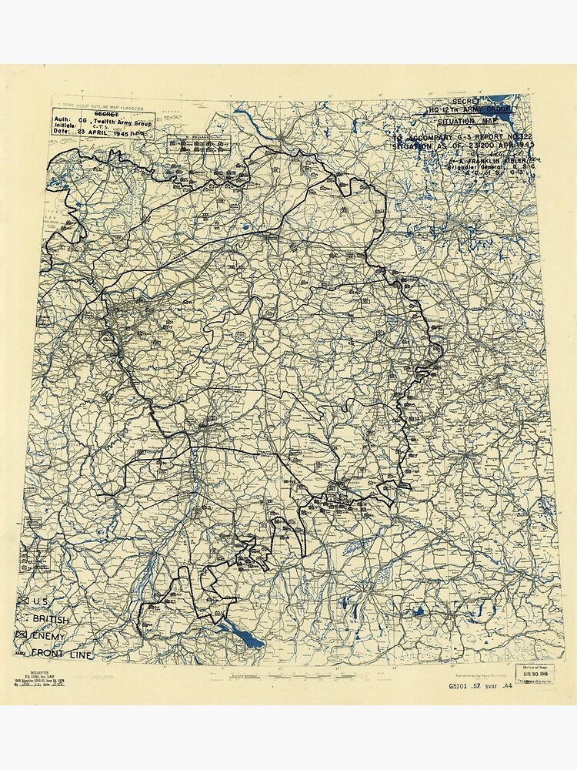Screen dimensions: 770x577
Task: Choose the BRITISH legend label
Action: pyautogui.click(x=50, y=619)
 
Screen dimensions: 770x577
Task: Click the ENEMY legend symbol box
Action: pyautogui.click(x=22, y=636)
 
